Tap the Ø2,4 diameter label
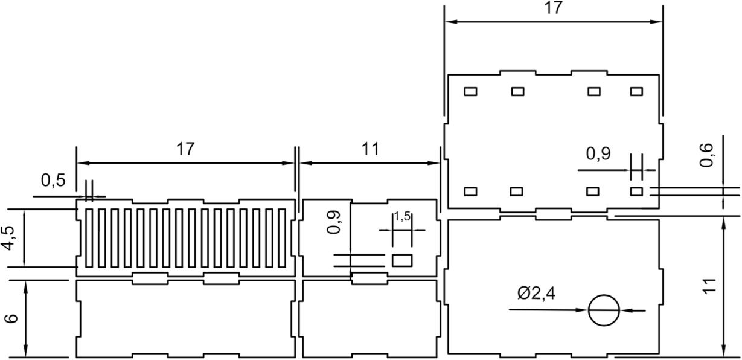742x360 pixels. [536, 294]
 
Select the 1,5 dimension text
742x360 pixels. [402, 217]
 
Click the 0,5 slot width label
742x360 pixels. [53, 181]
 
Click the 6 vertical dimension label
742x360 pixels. [11, 318]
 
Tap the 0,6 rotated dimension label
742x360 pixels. [706, 155]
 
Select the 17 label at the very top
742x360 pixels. [553, 8]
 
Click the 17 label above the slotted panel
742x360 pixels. [185, 149]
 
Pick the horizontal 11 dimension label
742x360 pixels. [370, 149]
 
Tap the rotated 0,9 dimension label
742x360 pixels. [333, 222]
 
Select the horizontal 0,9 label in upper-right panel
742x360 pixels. [598, 153]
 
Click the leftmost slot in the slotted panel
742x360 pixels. [89, 238]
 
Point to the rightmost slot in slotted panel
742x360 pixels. [282, 238]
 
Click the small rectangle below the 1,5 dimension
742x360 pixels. [402, 260]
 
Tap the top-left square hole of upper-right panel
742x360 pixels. [470, 91]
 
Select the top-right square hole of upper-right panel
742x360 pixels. [636, 91]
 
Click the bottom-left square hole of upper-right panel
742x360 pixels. [470, 191]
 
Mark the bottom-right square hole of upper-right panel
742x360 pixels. [636, 191]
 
